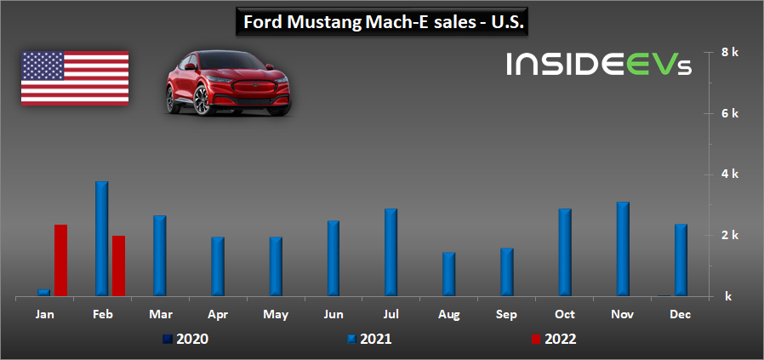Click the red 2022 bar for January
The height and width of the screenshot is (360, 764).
point(60,260)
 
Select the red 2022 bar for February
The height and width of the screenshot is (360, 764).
point(118,266)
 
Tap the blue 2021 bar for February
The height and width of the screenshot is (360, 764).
point(101,238)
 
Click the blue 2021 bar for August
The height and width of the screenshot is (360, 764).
point(448,274)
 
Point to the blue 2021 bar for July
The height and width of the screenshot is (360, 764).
point(391,252)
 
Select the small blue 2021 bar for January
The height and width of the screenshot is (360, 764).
point(43,292)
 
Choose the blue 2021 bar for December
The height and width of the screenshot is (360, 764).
point(680,260)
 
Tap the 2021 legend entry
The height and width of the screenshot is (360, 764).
point(371,339)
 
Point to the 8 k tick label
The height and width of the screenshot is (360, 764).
point(729,53)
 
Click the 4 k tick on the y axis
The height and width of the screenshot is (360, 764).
point(729,174)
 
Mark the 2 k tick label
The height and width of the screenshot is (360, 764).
point(729,236)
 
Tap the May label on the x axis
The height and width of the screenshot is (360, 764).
point(276,315)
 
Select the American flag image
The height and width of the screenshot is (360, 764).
point(75,77)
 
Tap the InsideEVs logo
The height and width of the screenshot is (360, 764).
point(596,65)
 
